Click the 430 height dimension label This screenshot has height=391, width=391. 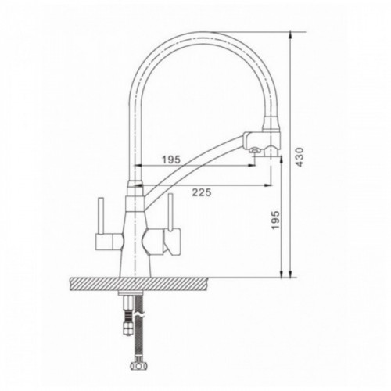(300, 157)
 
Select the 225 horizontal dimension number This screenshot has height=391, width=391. (202, 192)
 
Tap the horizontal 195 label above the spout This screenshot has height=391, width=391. (171, 160)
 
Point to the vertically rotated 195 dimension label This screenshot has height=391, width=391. (275, 220)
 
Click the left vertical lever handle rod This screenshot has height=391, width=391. (101, 216)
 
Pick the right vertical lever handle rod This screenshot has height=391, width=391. (170, 213)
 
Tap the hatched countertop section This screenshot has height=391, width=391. (140, 285)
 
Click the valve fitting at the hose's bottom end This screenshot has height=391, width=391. (138, 365)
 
